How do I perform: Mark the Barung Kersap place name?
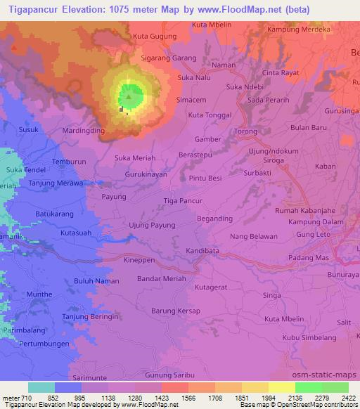click(x=176, y=311)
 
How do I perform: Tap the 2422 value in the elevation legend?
click(x=348, y=397)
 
